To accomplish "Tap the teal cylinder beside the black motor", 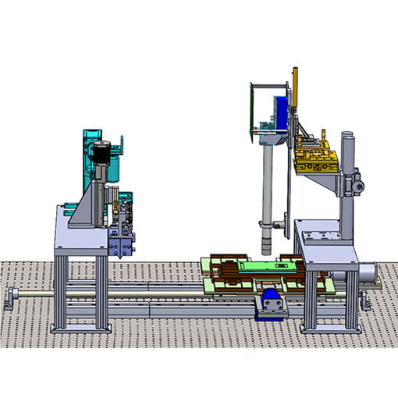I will coord(117,168).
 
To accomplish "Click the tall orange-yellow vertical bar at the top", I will coord(296,86).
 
